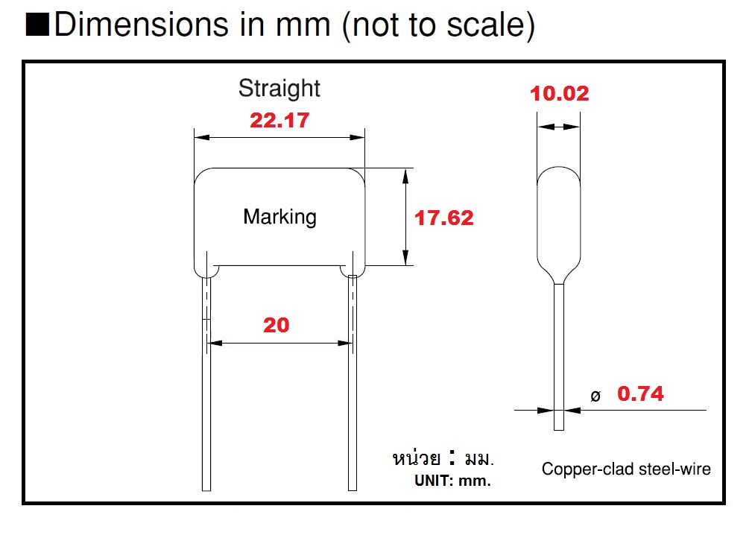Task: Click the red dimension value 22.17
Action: pos(279,120)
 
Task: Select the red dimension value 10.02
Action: pos(559,94)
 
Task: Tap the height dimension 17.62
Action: pos(444,218)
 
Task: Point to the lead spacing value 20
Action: pos(276,325)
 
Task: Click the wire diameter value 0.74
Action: pos(640,393)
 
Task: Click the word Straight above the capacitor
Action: pos(279,88)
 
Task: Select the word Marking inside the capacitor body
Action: pos(279,217)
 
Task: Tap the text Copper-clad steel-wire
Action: pos(625,469)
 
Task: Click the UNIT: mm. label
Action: pos(452,481)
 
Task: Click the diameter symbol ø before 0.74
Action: pos(595,396)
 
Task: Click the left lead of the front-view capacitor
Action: pos(206,387)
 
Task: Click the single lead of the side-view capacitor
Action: pos(558,358)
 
